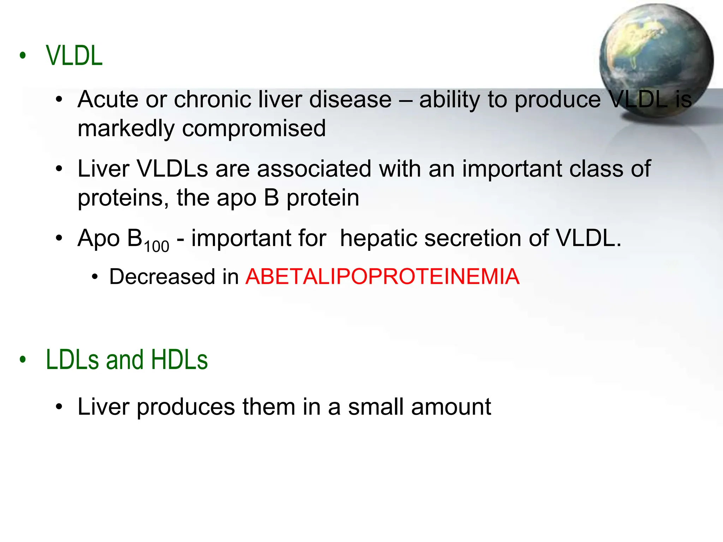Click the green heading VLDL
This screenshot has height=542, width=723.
click(x=74, y=56)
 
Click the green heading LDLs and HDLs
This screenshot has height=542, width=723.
click(x=127, y=360)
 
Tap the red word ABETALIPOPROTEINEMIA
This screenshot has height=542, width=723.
click(x=382, y=276)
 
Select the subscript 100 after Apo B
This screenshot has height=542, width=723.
click(x=156, y=246)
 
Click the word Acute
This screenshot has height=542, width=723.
click(x=108, y=99)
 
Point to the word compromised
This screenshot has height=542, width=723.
click(x=254, y=128)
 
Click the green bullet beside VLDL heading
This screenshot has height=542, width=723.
click(x=23, y=55)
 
